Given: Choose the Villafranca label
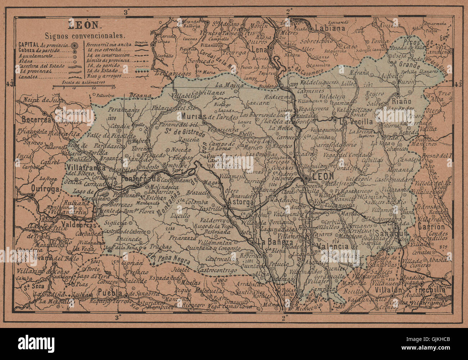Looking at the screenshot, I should click(x=85, y=168).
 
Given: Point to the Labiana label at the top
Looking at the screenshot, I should click(x=330, y=28).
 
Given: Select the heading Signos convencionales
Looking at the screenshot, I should click(x=85, y=36).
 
